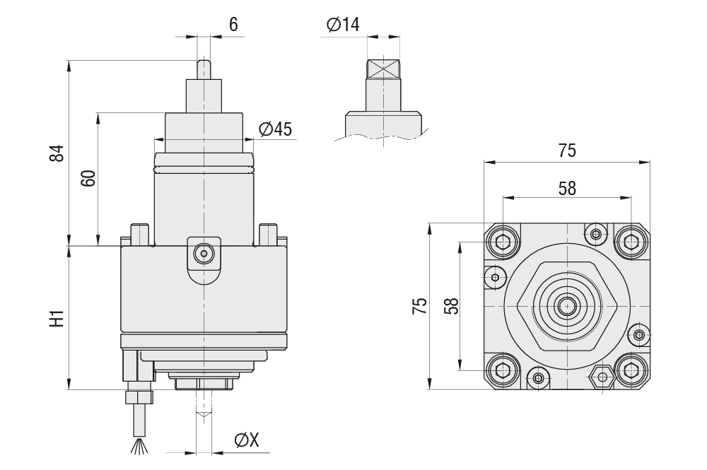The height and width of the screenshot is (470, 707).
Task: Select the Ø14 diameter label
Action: click(343, 25)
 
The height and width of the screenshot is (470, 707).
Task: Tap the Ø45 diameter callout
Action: click(276, 129)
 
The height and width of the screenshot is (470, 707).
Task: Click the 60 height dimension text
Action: click(88, 178)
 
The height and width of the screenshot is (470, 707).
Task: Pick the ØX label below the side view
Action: click(247, 440)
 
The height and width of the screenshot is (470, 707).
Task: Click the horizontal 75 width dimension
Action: click(567, 151)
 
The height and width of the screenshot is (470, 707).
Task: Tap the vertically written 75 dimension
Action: click(420, 306)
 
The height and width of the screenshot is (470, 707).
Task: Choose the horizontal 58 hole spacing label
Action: click(567, 188)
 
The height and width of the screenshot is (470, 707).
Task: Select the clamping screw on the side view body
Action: click(204, 252)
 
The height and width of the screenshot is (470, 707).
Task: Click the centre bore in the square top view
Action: click(566, 305)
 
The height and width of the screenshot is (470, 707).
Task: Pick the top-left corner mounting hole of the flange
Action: click(502, 242)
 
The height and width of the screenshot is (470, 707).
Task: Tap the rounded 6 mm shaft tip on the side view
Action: click(204, 69)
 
